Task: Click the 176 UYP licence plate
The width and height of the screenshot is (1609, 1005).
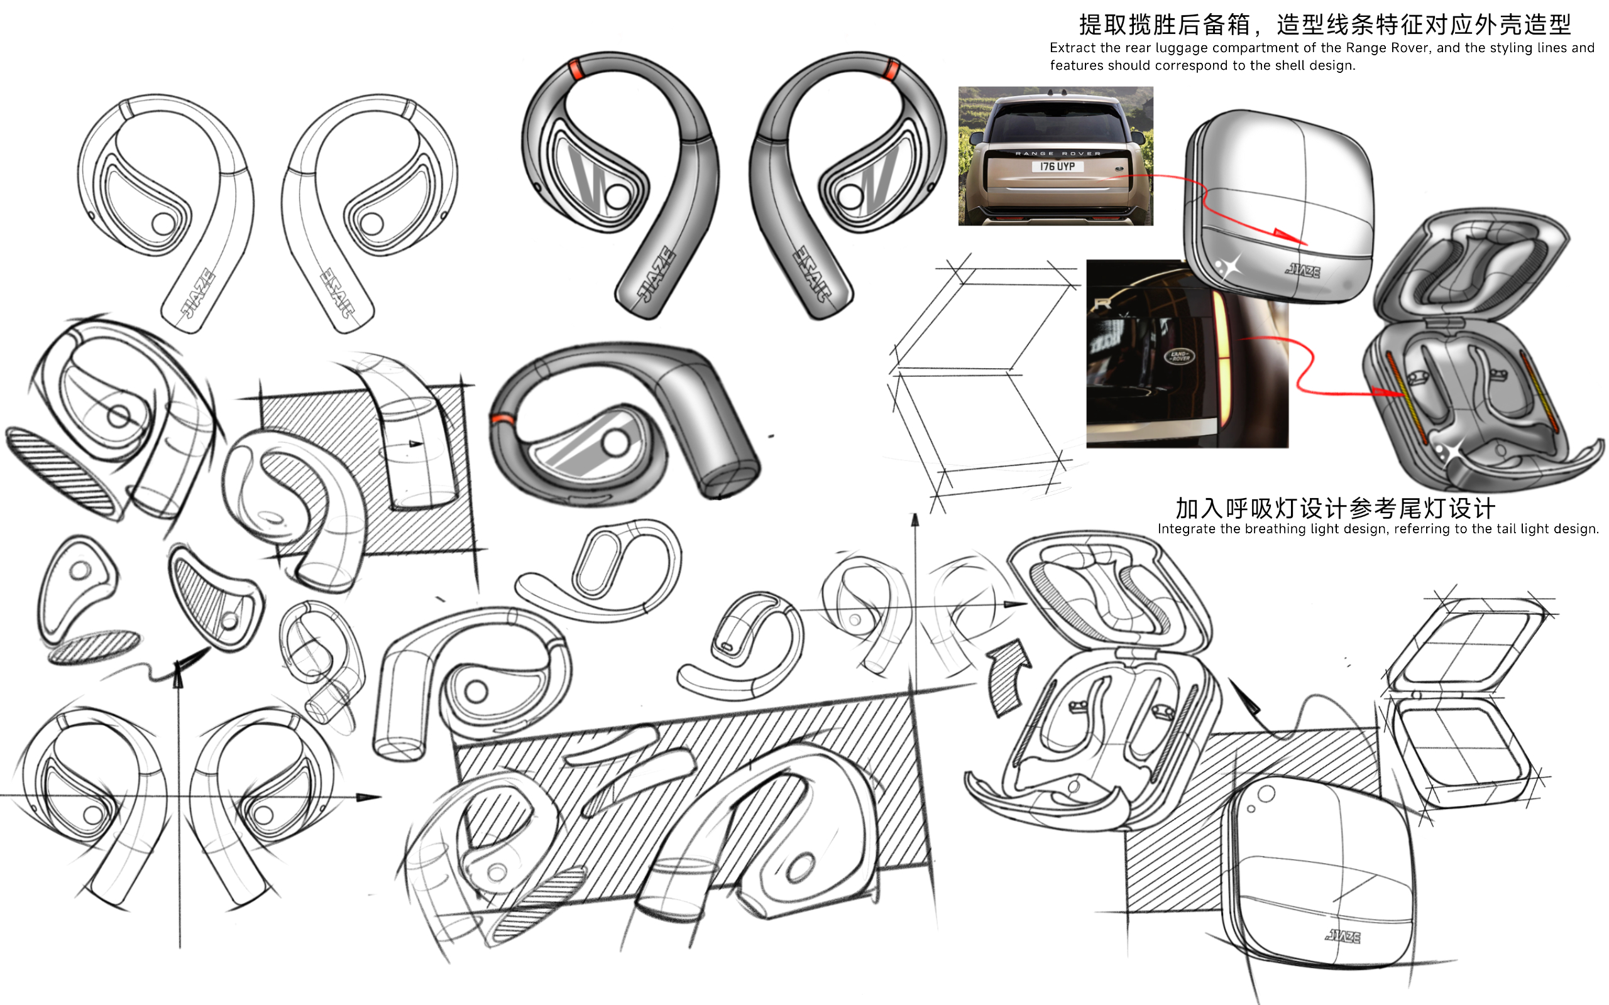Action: click(1057, 167)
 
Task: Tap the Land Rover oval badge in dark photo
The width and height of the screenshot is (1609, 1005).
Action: click(1180, 356)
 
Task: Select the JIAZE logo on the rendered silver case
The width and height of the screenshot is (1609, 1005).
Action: click(1303, 271)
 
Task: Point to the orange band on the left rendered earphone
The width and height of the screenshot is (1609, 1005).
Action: click(576, 69)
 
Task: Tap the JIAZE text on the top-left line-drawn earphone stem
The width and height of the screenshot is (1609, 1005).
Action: click(197, 293)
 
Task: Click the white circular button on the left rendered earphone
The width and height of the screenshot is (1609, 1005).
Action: click(617, 196)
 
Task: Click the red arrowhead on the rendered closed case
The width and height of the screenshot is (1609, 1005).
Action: click(1290, 237)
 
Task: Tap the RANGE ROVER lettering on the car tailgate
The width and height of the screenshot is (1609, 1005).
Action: click(1057, 153)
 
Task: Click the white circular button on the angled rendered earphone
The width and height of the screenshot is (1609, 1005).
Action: click(615, 443)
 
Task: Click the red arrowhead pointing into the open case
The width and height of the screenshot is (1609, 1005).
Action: click(1390, 393)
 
